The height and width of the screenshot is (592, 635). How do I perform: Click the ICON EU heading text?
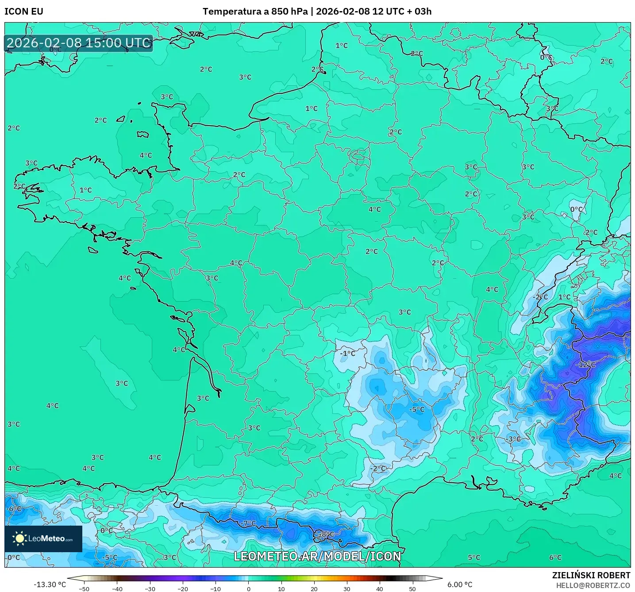pos(24,12)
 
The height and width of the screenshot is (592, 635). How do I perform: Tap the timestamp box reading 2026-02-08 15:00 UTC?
pos(79,43)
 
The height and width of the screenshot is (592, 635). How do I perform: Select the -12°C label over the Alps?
pos(585,365)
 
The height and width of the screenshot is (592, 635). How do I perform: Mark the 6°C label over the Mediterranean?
pos(555,557)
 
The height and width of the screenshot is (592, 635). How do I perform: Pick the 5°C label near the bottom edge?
pos(474,557)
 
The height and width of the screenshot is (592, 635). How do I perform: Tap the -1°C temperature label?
pos(348,353)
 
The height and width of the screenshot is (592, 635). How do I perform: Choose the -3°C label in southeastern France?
pos(513,439)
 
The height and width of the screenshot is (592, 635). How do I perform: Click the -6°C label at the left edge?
pos(14,508)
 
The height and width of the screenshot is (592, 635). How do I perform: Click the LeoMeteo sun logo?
pos(19,538)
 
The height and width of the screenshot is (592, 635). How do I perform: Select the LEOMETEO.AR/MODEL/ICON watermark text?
pos(317,556)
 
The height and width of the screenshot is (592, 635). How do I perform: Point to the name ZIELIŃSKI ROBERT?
pos(591,575)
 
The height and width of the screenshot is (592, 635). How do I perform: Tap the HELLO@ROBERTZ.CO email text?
pos(593,585)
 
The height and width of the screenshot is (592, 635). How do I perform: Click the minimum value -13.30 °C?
pos(50,584)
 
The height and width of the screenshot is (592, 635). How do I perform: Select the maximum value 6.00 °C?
pos(460,584)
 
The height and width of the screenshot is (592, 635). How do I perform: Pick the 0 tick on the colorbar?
pos(249,588)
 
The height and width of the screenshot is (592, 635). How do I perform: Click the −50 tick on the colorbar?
pos(84,588)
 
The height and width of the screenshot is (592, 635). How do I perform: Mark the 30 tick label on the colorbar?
pos(347,588)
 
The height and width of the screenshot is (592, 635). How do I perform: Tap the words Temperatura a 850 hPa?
pos(255,12)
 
